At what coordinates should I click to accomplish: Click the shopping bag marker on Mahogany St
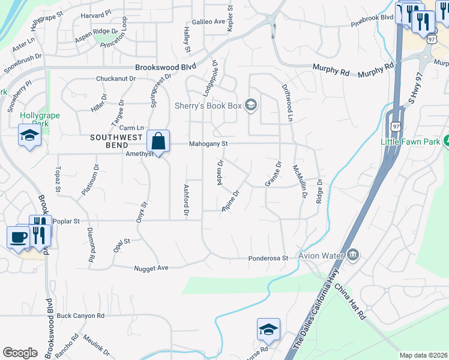tap(158, 142)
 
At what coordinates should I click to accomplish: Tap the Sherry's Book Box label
tap(208, 106)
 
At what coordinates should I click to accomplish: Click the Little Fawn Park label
tap(411, 142)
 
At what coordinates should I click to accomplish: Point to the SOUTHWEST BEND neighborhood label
tap(117, 137)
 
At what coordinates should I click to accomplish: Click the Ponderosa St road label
tap(269, 259)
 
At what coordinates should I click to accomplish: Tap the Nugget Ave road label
tap(151, 268)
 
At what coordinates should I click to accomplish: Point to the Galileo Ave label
tap(207, 22)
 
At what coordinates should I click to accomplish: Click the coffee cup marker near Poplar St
tap(18, 236)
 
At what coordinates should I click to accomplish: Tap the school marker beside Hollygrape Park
tap(29, 136)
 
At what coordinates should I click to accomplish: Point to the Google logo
tap(20, 353)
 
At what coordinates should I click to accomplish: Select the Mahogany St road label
tap(208, 144)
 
